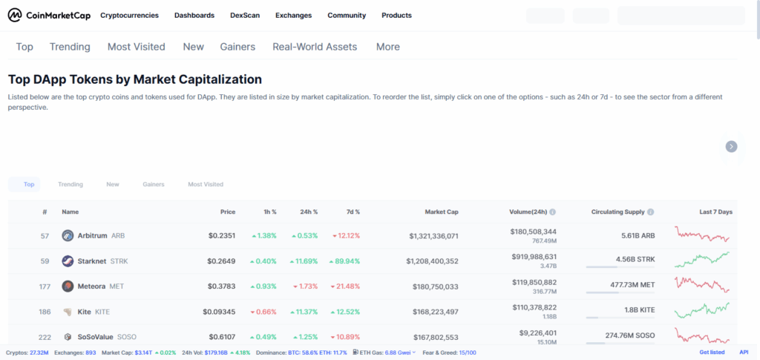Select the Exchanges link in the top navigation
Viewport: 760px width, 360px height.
tap(293, 15)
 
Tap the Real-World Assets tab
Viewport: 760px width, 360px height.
tap(315, 47)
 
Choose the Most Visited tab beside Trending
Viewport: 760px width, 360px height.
tap(137, 47)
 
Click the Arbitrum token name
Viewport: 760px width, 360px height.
tap(92, 236)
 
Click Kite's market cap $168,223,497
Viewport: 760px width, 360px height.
tap(433, 312)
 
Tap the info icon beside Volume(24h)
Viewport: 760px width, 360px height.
tap(552, 212)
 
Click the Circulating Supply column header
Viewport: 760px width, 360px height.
tap(617, 212)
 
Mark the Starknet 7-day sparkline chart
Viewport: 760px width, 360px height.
tap(702, 261)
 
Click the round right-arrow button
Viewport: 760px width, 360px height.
tap(731, 146)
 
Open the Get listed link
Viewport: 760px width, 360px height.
tap(712, 352)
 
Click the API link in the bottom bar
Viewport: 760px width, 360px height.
tap(744, 352)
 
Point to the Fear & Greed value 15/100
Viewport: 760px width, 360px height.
tap(468, 352)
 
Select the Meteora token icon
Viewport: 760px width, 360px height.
tap(68, 287)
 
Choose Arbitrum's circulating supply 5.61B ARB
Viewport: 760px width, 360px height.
tap(638, 236)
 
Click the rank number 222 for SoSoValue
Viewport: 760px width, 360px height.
tap(43, 337)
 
